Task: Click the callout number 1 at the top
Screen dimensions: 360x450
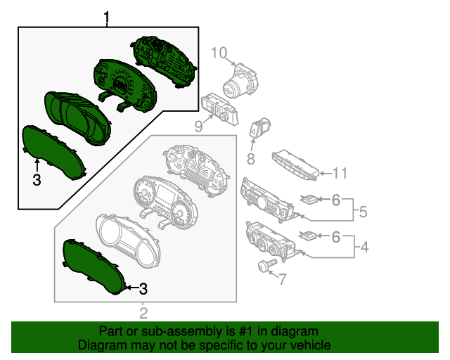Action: (107, 16)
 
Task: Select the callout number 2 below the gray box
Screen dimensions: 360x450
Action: (143, 313)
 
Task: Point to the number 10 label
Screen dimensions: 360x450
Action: (219, 53)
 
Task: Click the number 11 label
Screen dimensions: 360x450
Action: (340, 172)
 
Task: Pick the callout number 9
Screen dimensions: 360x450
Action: (199, 127)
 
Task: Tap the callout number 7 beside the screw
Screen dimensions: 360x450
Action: (282, 280)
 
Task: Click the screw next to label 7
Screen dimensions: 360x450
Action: (264, 266)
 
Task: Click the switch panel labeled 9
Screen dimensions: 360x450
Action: (219, 109)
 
